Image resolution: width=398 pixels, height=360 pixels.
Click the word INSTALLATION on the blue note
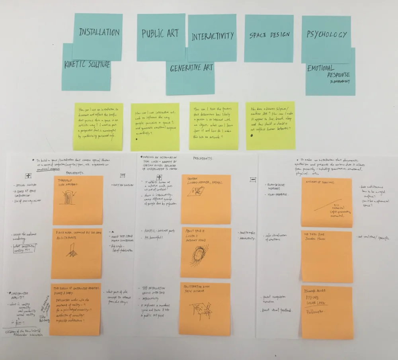[99, 32]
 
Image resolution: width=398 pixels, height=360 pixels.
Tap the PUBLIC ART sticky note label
[160, 33]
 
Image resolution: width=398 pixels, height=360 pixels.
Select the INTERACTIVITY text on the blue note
[213, 36]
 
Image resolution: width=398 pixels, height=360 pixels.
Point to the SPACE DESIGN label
[269, 35]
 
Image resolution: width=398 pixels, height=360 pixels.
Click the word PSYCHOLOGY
[326, 34]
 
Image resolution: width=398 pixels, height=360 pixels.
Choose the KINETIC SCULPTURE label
[87, 64]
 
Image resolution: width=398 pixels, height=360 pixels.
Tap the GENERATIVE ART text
[191, 68]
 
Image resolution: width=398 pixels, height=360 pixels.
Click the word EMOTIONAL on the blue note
[321, 68]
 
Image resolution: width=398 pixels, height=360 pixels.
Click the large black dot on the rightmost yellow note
[251, 136]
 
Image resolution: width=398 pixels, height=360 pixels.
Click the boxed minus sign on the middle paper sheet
[252, 180]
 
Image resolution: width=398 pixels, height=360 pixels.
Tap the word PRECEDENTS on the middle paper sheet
[203, 158]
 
